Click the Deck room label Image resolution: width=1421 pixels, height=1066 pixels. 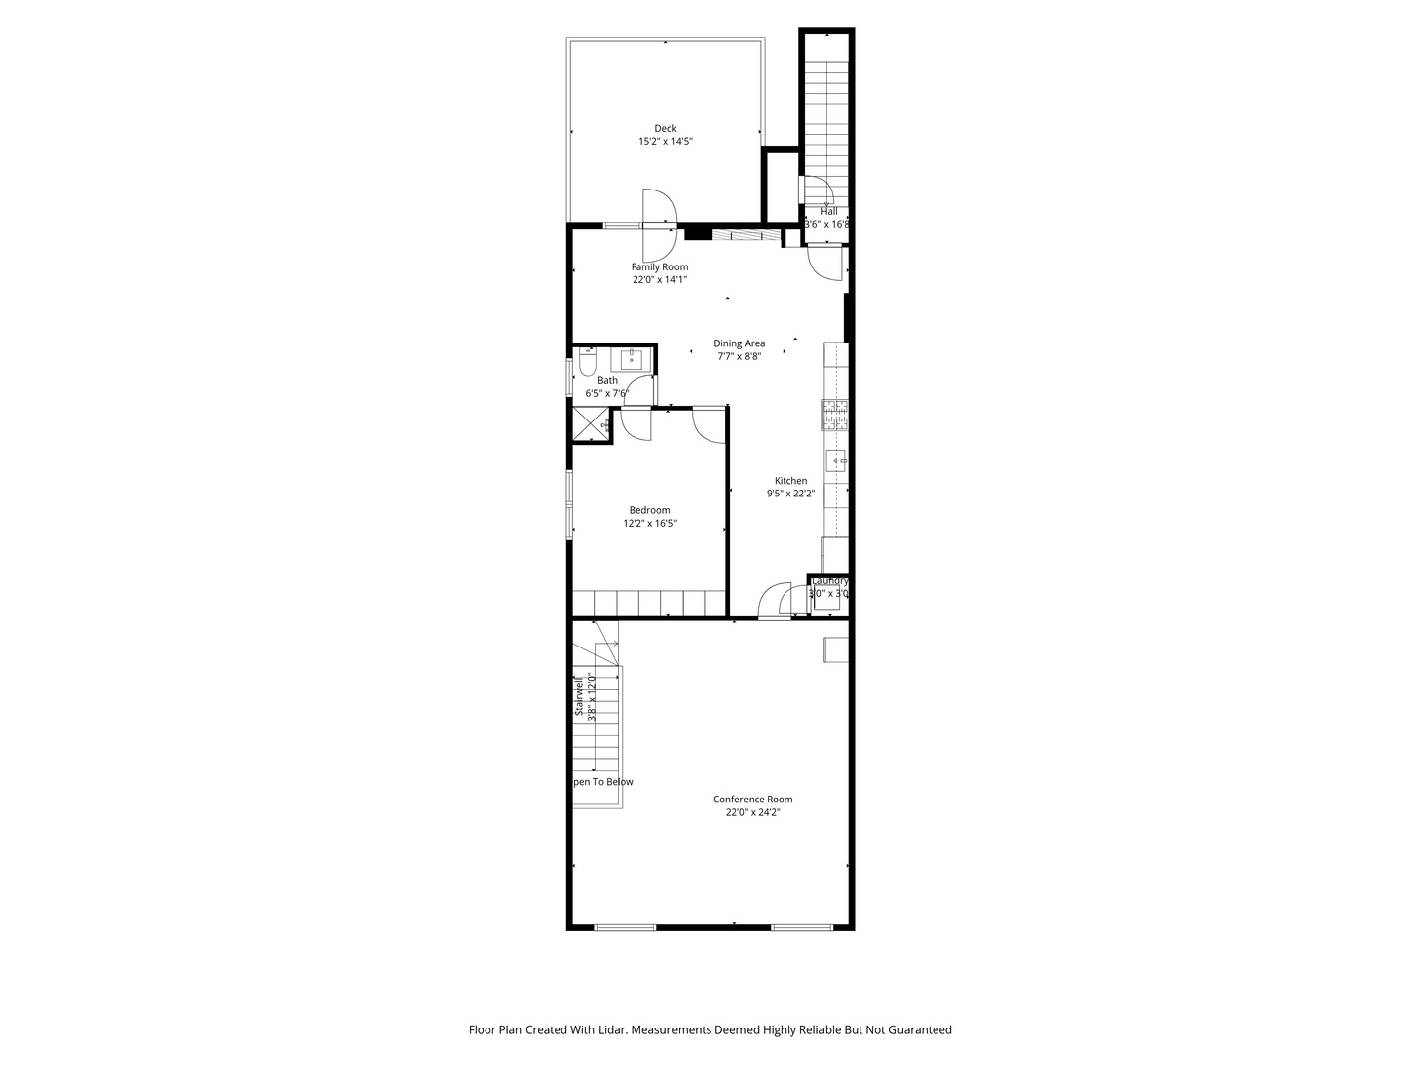(665, 128)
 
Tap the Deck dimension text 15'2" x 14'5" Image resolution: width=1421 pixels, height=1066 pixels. (665, 142)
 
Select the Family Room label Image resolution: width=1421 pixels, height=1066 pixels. (659, 266)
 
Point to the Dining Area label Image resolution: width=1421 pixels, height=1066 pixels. (739, 343)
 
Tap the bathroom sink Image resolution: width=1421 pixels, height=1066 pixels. (631, 359)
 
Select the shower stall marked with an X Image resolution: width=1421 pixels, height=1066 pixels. (592, 424)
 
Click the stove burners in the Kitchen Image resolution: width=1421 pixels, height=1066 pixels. (835, 416)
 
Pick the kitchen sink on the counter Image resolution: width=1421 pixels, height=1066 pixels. (837, 460)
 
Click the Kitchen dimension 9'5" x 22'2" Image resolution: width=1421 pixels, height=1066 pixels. (790, 494)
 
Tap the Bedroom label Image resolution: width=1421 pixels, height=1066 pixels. (649, 510)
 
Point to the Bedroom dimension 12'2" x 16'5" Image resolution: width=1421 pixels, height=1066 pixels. (649, 524)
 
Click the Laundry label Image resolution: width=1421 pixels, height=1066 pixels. (829, 581)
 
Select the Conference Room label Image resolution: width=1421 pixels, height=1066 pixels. (753, 799)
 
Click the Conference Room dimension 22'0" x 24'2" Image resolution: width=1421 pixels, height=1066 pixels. (753, 812)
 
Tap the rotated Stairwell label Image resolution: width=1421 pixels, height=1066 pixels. (579, 698)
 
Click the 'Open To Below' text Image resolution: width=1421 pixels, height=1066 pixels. (603, 782)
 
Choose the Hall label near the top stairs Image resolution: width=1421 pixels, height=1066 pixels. (828, 211)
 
